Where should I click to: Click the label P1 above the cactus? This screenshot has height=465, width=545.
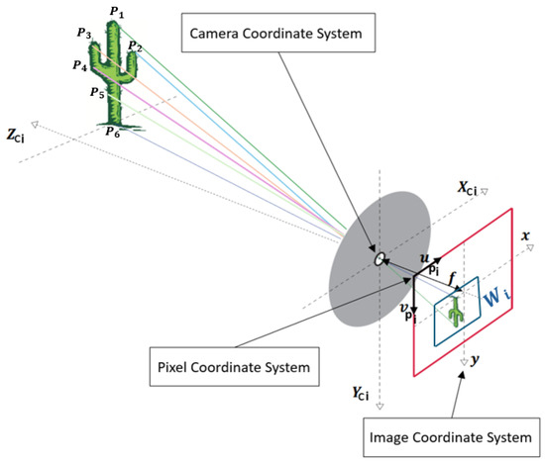[x=119, y=13]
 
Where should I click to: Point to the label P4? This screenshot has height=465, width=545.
[x=79, y=65]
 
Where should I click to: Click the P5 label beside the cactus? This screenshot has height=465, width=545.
[x=97, y=94]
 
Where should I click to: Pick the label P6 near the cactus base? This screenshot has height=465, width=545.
[x=114, y=133]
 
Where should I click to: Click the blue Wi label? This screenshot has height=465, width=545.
[x=499, y=294]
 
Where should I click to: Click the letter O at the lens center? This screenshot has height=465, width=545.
[x=378, y=259]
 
